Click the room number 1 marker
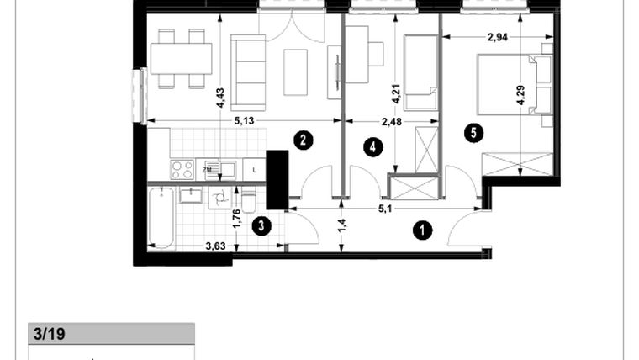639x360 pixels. (421, 229)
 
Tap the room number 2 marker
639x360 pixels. (303, 140)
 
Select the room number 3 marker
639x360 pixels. (262, 225)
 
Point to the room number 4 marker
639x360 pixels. (373, 147)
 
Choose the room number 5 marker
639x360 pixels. (476, 133)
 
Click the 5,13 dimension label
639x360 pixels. (244, 121)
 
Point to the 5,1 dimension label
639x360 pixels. (385, 209)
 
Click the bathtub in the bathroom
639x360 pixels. (163, 218)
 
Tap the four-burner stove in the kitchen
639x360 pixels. (182, 169)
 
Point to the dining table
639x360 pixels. (181, 59)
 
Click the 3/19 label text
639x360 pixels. (49, 334)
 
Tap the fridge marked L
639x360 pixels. (254, 169)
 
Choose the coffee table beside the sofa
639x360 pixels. (296, 72)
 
